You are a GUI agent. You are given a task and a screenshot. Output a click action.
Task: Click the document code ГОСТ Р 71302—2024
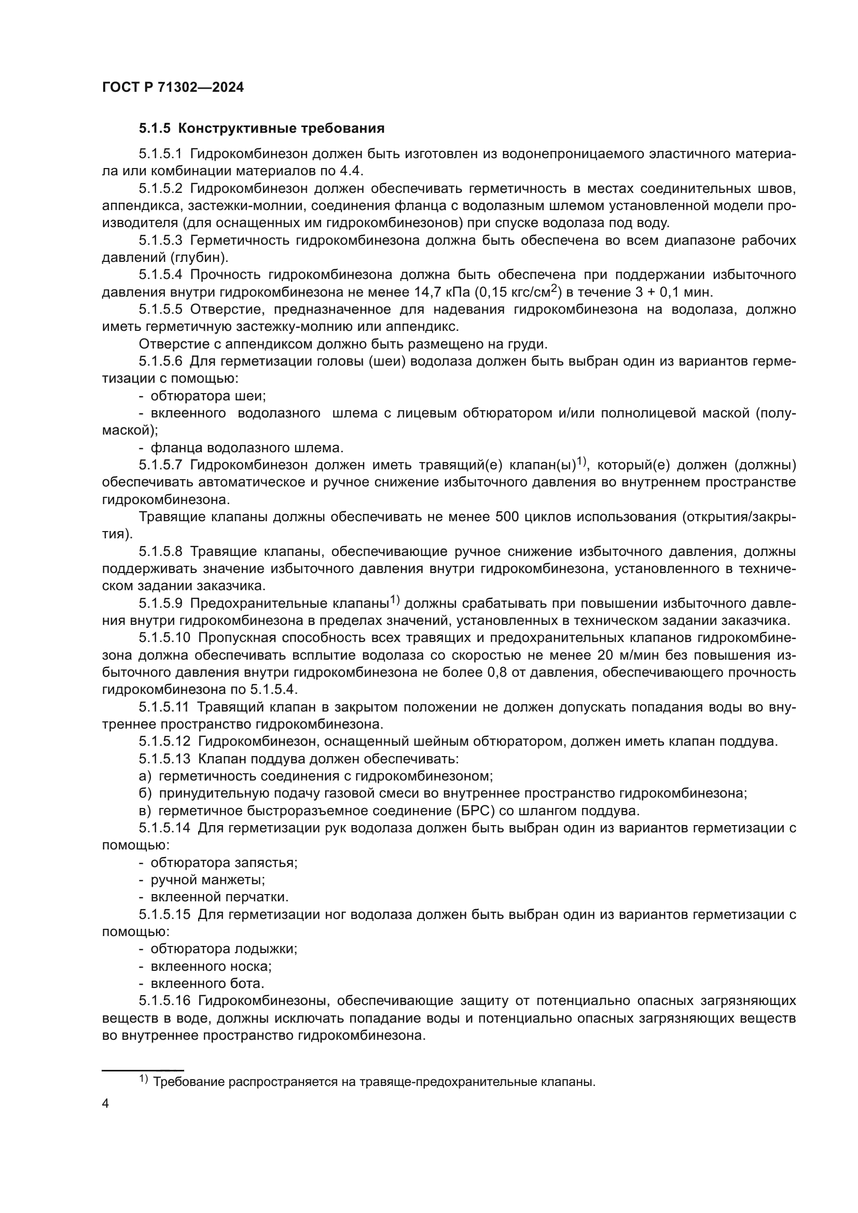pyautogui.click(x=173, y=88)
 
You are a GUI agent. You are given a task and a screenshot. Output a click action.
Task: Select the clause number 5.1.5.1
pyautogui.click(x=160, y=154)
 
